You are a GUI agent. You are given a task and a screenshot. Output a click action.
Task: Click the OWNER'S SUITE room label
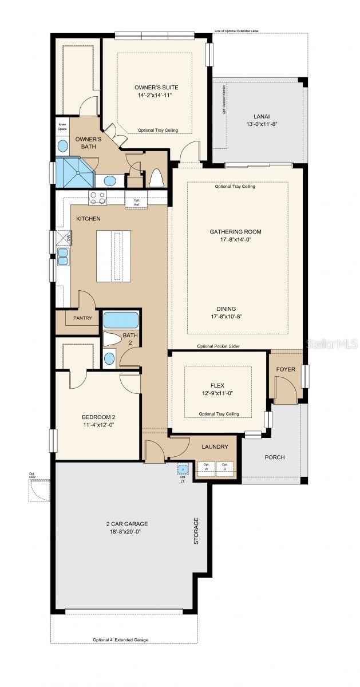(156, 87)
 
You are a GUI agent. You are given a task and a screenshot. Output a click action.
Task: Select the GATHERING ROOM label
(235, 232)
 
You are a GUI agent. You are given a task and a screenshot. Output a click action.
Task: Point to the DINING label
(235, 309)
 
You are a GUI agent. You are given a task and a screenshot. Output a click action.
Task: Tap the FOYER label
(286, 369)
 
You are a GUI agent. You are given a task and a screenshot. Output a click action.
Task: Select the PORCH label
(274, 457)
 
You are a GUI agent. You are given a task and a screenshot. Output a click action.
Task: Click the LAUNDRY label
(215, 447)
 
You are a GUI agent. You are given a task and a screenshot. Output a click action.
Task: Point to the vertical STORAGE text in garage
(196, 531)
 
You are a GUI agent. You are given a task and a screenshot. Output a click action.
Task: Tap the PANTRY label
(78, 318)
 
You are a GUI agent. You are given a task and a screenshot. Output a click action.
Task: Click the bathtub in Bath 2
(121, 319)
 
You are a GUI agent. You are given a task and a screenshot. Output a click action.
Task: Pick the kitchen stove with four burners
(97, 198)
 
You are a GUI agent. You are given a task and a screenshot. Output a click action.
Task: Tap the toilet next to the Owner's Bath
(156, 178)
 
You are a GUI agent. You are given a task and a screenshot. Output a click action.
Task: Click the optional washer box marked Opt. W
(206, 467)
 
